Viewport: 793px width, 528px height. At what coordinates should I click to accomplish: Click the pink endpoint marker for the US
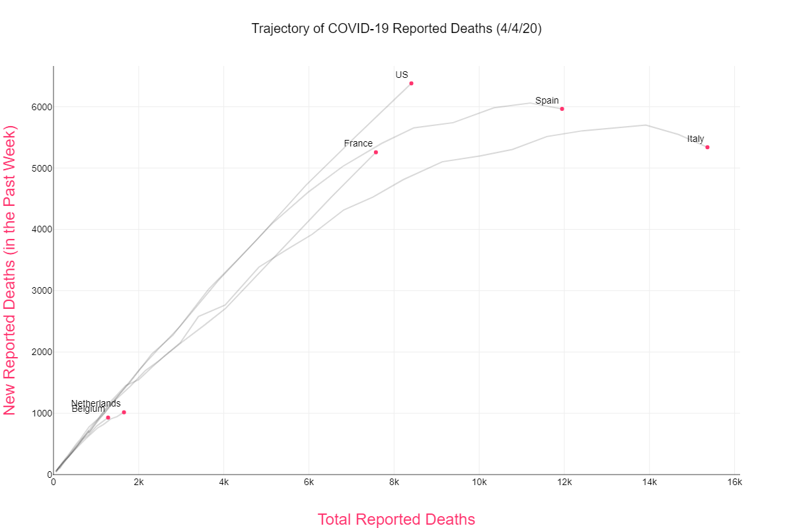[x=411, y=83]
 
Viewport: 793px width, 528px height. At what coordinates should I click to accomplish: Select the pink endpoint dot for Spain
[x=562, y=109]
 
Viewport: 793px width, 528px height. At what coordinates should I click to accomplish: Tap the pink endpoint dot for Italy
[x=707, y=147]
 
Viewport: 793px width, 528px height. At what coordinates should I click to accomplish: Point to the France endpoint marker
[x=376, y=152]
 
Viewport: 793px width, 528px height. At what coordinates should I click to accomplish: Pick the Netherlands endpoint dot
[x=124, y=412]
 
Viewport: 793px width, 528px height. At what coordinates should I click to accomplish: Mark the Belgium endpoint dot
[x=108, y=418]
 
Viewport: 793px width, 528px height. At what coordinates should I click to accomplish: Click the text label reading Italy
[x=695, y=139]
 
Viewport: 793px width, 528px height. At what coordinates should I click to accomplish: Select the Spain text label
[x=547, y=100]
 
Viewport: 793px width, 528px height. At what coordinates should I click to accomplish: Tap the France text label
[x=358, y=143]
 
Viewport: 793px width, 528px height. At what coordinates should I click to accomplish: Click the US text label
[x=402, y=75]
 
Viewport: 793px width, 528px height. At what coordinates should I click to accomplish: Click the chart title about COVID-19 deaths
[x=397, y=29]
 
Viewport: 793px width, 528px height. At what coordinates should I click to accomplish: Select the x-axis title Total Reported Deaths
[x=397, y=519]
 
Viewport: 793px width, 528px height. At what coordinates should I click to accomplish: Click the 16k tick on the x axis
[x=735, y=482]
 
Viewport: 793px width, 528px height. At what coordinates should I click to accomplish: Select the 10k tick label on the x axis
[x=479, y=482]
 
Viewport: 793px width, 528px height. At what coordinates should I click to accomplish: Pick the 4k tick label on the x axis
[x=223, y=482]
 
